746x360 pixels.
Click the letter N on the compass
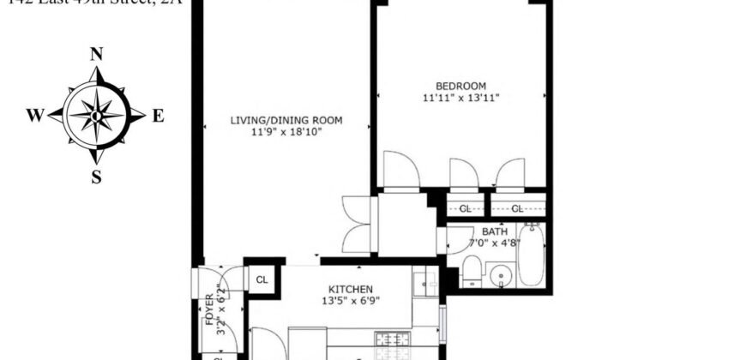tap(97, 54)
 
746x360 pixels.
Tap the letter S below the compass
tap(97, 177)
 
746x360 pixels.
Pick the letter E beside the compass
tap(158, 117)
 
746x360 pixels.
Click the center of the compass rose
tap(97, 116)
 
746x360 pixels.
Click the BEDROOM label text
tap(460, 86)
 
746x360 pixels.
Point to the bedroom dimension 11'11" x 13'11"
tap(460, 98)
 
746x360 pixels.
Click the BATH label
tap(493, 231)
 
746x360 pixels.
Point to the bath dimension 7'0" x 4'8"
tap(493, 243)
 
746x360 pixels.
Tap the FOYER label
tap(208, 309)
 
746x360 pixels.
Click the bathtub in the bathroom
tap(532, 255)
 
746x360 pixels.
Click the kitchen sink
tap(424, 280)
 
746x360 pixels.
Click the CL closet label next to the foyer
tap(262, 279)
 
